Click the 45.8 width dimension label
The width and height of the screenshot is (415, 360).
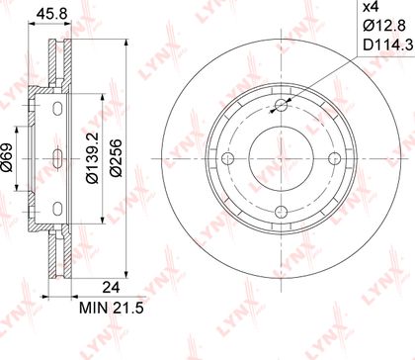(51, 14)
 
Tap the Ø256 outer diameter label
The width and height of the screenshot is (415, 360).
(116, 158)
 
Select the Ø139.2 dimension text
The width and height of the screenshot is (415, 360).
(92, 157)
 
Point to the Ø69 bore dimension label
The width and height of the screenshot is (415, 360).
(6, 157)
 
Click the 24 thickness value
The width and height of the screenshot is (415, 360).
(111, 288)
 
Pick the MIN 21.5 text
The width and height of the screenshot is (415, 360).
(112, 309)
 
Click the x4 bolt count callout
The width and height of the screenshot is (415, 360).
(371, 7)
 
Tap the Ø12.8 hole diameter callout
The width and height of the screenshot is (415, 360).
(383, 26)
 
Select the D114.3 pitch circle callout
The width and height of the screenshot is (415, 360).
(387, 45)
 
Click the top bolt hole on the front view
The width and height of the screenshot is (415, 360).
(281, 106)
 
